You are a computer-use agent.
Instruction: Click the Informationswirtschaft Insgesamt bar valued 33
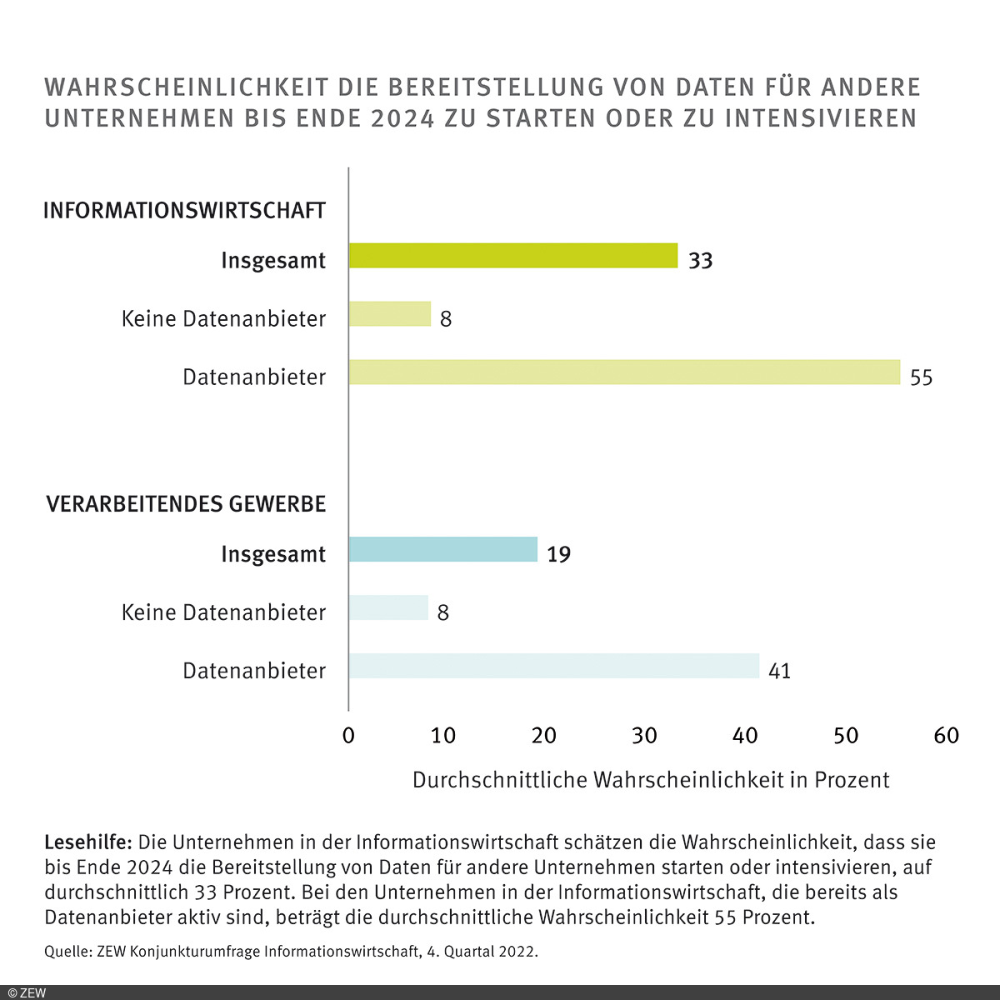pos(513,256)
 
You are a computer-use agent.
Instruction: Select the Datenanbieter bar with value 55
pos(624,372)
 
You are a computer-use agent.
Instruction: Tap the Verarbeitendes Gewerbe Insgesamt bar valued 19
pos(443,550)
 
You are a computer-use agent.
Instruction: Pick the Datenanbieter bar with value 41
pos(554,666)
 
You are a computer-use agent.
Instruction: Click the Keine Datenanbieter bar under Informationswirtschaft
pos(390,314)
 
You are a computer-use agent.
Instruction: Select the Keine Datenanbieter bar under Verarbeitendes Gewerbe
pos(388,608)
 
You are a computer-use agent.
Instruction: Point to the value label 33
pos(700,261)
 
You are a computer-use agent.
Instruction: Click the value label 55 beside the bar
pos(921,377)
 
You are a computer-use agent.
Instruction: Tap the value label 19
pos(558,555)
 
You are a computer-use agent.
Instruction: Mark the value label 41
pos(779,671)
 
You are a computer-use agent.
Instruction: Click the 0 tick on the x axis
pos(348,736)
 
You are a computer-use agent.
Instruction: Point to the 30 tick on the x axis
pos(644,736)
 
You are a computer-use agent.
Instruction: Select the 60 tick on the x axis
pos(947,736)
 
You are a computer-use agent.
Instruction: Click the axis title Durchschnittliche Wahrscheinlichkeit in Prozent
pos(651,780)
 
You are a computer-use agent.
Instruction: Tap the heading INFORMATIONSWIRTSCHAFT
pos(184,211)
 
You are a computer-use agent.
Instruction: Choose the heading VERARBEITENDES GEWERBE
pos(186,504)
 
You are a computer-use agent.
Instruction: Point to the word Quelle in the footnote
pos(67,952)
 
